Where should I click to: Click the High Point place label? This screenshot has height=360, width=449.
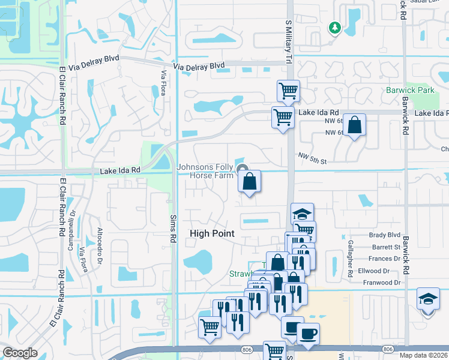pos(212,233)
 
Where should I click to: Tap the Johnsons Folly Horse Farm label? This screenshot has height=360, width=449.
pos(205,171)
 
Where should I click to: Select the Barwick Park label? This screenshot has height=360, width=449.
pos(410,91)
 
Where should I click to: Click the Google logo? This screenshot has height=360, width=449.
pos(19,353)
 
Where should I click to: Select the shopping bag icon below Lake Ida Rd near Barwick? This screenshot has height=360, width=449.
pos(355,125)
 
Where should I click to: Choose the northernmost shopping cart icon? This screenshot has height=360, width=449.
pos(288,91)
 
